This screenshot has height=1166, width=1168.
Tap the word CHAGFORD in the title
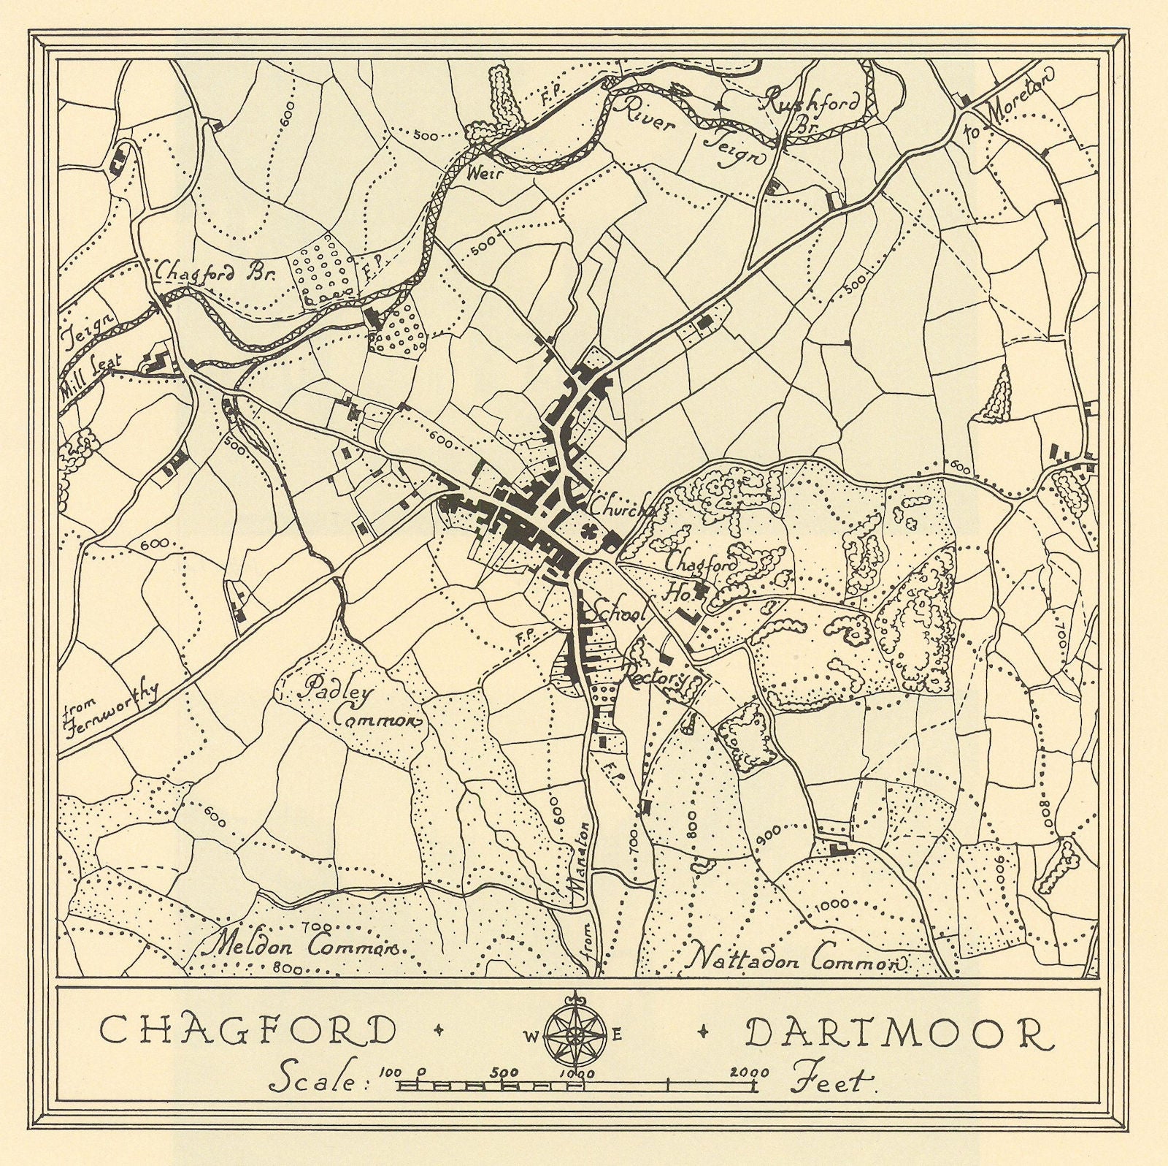[247, 1031]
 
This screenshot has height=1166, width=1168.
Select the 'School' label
[620, 614]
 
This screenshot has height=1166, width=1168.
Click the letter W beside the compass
[529, 1034]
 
